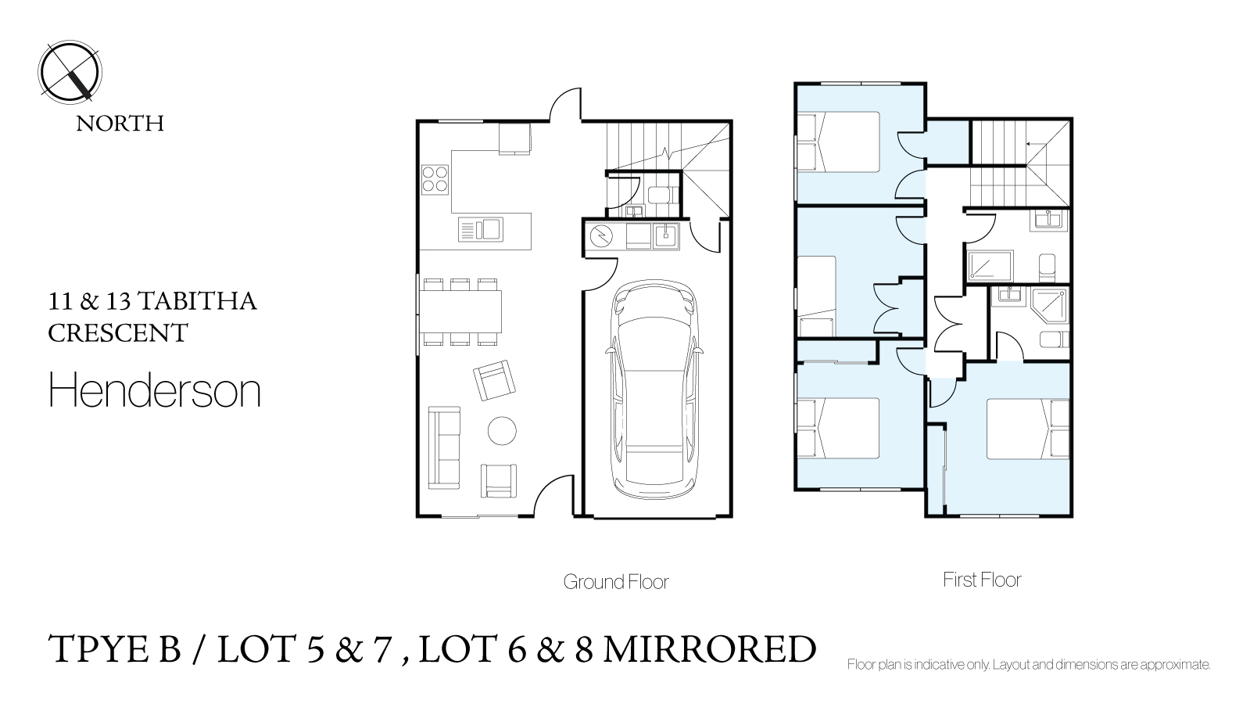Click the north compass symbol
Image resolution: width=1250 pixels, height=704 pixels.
[70, 72]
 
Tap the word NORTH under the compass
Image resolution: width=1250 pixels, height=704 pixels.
[120, 124]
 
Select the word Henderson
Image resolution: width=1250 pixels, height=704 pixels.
[155, 390]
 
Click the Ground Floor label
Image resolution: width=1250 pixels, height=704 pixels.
[615, 582]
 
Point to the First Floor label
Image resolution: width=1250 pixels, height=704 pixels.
[982, 580]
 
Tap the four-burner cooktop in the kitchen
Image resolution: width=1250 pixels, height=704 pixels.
[435, 179]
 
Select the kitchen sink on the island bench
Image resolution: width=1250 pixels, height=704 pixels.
[481, 229]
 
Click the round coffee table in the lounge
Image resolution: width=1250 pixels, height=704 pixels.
[502, 431]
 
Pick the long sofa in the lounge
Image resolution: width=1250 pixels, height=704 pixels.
[444, 447]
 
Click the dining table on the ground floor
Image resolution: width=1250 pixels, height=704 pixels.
[460, 311]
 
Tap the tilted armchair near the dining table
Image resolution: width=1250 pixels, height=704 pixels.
[494, 379]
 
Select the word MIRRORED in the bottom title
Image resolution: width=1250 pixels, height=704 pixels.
[710, 649]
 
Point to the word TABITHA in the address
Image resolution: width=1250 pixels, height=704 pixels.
[197, 301]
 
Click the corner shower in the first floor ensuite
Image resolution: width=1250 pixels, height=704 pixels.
[1050, 306]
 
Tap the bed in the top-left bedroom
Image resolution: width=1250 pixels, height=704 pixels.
[838, 142]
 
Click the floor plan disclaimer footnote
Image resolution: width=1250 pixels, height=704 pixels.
[1029, 664]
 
